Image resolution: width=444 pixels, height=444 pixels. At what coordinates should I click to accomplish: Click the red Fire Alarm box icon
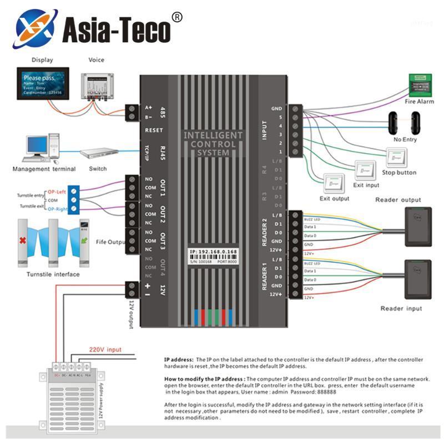419,83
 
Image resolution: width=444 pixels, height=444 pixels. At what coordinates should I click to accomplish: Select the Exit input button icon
365,169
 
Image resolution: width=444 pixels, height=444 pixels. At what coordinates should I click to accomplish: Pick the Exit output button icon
334,182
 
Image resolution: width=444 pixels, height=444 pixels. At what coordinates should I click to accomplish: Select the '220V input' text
105,350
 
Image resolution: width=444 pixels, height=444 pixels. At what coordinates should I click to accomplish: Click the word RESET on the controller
153,130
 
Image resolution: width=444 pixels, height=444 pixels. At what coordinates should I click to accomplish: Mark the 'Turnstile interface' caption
53,274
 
